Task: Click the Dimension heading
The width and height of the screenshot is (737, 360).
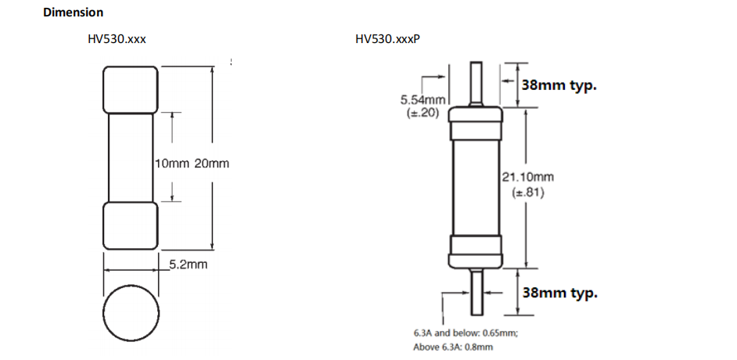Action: point(74,13)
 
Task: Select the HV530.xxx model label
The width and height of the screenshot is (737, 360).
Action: point(117,38)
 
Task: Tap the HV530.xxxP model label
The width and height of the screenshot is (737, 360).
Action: point(387,38)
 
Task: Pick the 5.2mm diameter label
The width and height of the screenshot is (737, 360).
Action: point(189,265)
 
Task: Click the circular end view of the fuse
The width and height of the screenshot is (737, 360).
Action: point(130,311)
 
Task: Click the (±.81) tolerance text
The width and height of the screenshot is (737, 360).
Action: point(527,191)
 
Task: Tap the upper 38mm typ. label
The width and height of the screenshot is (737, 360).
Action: point(559,85)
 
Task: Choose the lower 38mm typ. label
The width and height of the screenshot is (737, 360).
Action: point(559,293)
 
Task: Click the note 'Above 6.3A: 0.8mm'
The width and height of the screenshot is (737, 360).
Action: point(453,347)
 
